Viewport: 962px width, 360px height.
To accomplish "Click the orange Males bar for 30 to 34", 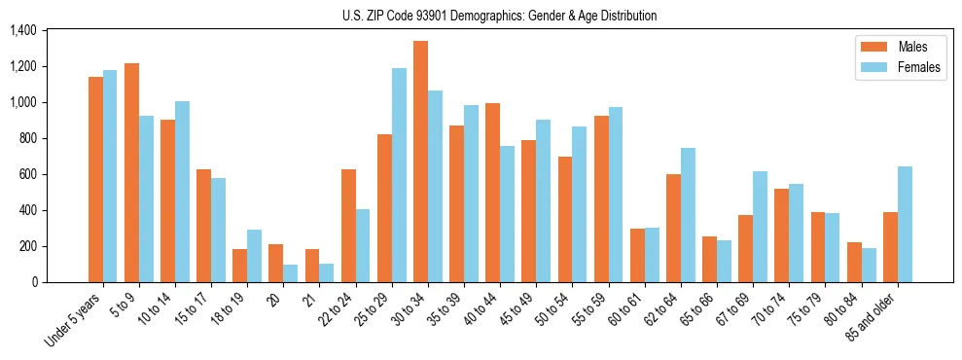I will click(420, 162).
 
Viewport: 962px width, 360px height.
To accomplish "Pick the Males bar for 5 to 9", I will click(131, 172).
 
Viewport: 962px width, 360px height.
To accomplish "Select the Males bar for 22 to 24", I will click(348, 226).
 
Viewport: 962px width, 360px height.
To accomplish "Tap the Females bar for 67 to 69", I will click(760, 227).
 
